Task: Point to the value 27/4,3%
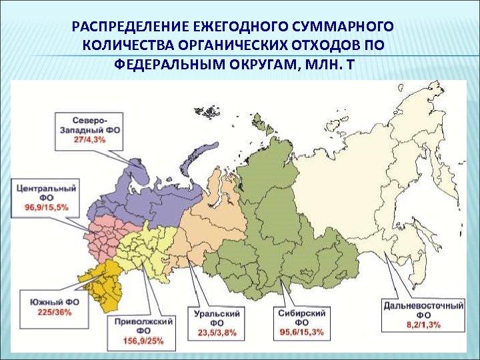89,141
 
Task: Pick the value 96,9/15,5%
45,208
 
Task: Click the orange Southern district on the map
107,281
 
